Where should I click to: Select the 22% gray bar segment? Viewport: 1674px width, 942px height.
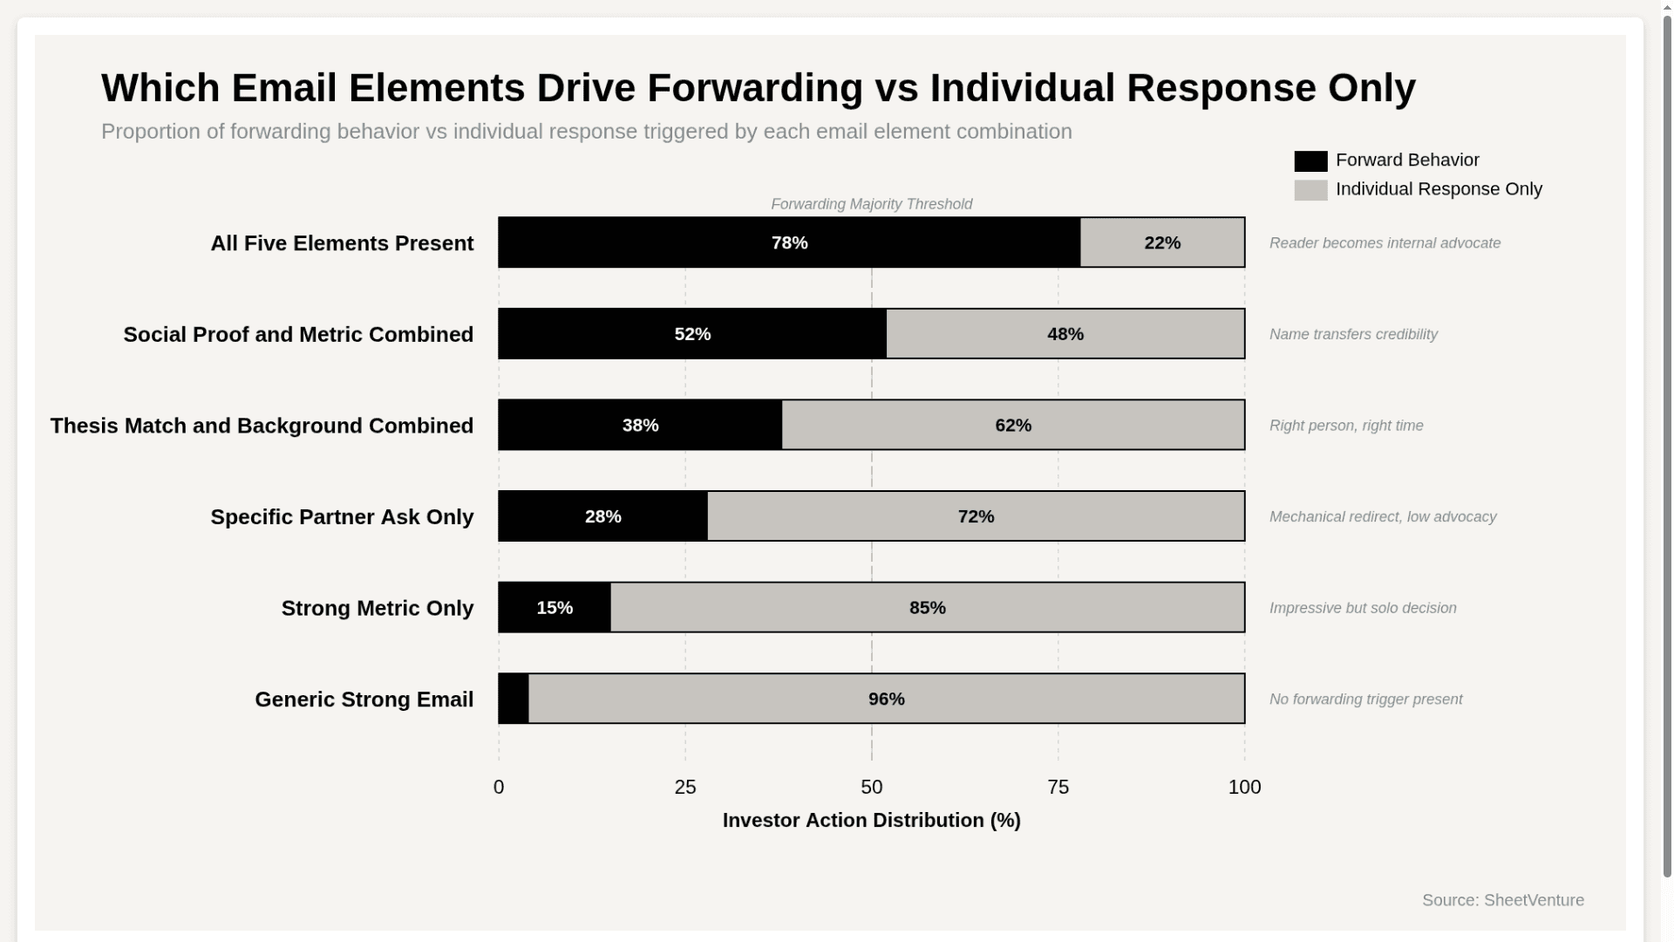pos(1162,242)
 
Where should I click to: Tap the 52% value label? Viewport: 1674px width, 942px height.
pos(692,334)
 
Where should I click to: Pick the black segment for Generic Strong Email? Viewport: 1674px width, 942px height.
pos(514,699)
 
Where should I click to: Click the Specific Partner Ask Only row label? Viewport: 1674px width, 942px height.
pos(342,517)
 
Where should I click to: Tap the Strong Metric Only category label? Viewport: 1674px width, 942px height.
pos(377,608)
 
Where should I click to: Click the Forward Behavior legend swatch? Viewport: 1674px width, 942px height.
pos(1310,161)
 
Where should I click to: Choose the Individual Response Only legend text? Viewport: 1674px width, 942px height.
pos(1439,189)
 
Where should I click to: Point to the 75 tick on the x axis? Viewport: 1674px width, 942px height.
pos(1058,787)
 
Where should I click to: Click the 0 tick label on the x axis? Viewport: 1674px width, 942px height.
pos(499,787)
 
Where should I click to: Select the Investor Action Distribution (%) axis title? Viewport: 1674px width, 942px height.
pos(871,820)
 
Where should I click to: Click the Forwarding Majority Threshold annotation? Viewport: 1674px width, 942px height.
pos(871,204)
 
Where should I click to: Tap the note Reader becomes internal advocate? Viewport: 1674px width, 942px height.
pos(1385,243)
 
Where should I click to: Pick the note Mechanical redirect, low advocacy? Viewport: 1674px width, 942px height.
pos(1383,517)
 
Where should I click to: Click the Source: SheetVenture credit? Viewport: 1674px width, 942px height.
pos(1502,900)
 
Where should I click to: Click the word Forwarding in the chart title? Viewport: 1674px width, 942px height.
pos(755,88)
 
